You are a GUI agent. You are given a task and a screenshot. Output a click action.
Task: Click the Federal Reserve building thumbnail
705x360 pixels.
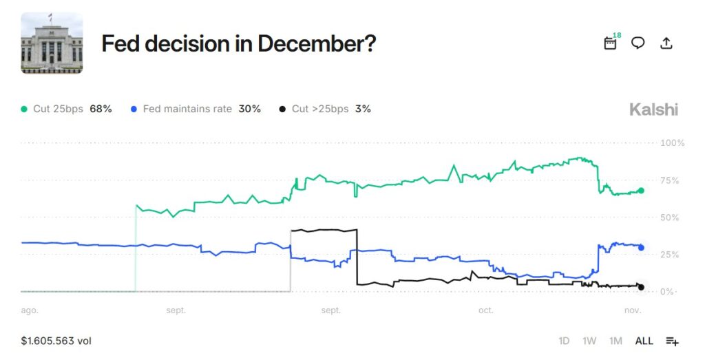(x=52, y=43)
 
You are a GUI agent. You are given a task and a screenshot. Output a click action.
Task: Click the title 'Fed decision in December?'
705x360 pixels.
(x=238, y=44)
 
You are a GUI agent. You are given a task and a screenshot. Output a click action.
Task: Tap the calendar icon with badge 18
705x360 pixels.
(x=610, y=43)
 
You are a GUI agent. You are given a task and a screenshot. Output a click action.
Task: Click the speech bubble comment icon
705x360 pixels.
(x=638, y=43)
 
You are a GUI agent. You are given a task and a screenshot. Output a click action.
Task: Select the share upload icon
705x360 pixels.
(x=666, y=43)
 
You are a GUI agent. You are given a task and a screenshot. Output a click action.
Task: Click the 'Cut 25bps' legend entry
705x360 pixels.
(x=67, y=109)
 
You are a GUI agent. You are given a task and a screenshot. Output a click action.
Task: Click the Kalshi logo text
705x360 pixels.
(x=653, y=109)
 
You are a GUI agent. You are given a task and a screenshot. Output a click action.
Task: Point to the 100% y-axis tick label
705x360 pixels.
(x=672, y=143)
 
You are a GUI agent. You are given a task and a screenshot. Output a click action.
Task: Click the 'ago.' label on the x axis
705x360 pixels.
(x=30, y=310)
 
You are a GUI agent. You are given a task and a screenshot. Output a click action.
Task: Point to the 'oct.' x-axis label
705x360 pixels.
(x=486, y=310)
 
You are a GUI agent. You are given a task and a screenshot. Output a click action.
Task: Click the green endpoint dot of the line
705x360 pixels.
(x=641, y=191)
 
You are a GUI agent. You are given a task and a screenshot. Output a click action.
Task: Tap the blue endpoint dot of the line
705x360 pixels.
(x=641, y=247)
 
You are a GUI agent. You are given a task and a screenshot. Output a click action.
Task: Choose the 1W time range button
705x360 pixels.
(x=589, y=341)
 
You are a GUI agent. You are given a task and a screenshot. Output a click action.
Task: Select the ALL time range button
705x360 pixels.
(x=644, y=341)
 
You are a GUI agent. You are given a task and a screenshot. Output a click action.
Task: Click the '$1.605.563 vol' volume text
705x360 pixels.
(x=56, y=341)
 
